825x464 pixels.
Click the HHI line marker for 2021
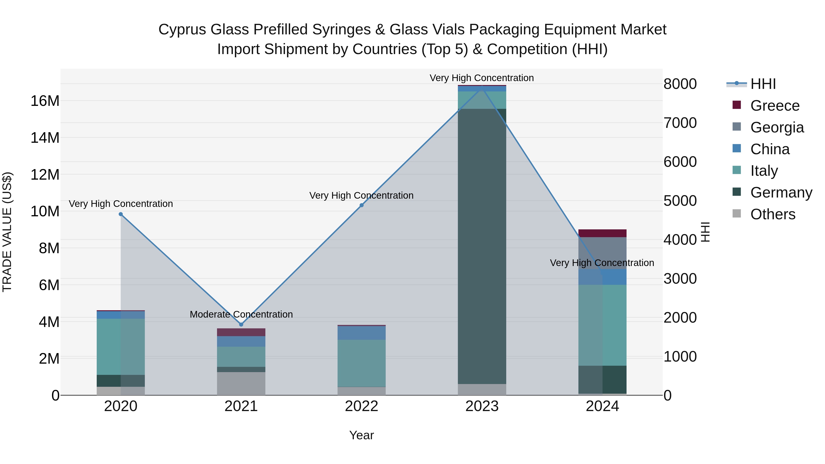[x=241, y=324]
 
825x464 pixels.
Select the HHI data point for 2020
[x=121, y=214]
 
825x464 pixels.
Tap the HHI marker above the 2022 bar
[x=362, y=205]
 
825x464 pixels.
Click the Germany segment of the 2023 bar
[x=482, y=247]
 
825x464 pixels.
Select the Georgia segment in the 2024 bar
[x=602, y=253]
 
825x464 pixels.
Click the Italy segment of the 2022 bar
[x=362, y=363]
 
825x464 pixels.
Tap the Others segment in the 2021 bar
[x=241, y=383]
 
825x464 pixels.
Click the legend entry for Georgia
[x=777, y=127]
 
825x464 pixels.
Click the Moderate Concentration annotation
[x=241, y=314]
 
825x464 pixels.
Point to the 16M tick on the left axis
[x=45, y=101]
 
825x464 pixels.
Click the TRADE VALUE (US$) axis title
[x=7, y=232]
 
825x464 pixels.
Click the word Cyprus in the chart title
[x=181, y=30]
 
